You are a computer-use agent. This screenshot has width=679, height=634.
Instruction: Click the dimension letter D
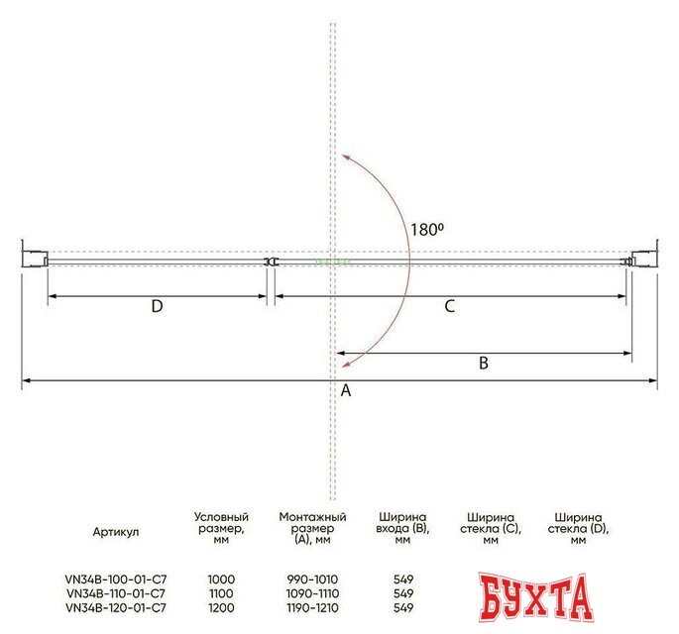pos(157,306)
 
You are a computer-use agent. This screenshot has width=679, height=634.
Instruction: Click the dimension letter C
pos(449,306)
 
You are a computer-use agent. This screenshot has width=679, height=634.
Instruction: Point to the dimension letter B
pos(484,363)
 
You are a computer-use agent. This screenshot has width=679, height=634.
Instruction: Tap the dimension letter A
pos(346,390)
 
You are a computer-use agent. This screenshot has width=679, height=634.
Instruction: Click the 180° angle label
pos(427,230)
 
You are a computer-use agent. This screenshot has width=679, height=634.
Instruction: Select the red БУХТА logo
pos(536,597)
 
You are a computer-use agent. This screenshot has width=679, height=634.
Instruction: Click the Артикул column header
pos(116,531)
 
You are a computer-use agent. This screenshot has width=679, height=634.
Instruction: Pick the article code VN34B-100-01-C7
pos(116,580)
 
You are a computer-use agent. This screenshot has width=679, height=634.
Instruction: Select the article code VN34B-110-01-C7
pos(116,593)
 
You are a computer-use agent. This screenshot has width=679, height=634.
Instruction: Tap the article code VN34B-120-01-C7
pos(116,607)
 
